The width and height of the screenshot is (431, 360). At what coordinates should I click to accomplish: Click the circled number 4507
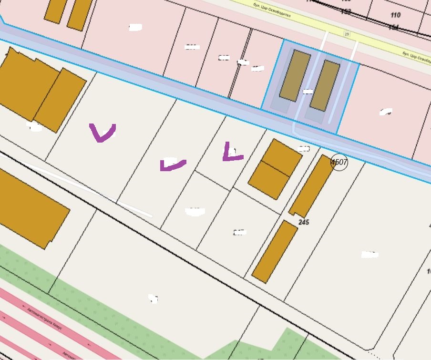tap(339, 162)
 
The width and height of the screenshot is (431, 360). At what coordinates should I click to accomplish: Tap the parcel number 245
tap(304, 222)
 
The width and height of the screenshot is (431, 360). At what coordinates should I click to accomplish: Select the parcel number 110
tap(395, 15)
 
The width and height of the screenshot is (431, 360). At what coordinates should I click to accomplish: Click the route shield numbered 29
tap(347, 34)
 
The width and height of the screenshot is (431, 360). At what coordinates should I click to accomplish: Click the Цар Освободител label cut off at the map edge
tap(416, 56)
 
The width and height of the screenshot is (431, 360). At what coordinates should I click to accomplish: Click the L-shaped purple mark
tap(231, 153)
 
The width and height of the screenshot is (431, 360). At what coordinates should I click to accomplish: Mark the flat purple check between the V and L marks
tap(172, 165)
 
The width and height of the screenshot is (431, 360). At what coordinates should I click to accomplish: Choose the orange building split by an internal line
tap(275, 169)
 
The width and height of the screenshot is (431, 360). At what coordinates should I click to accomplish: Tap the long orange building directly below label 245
tap(275, 251)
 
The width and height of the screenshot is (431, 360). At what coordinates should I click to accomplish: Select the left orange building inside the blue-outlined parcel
tap(295, 76)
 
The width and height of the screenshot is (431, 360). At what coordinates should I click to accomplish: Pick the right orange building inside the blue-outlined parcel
tap(325, 85)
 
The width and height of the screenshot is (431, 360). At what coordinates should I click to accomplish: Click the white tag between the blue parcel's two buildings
tap(308, 91)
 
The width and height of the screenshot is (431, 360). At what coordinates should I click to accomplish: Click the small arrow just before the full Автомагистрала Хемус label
tap(24, 306)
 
